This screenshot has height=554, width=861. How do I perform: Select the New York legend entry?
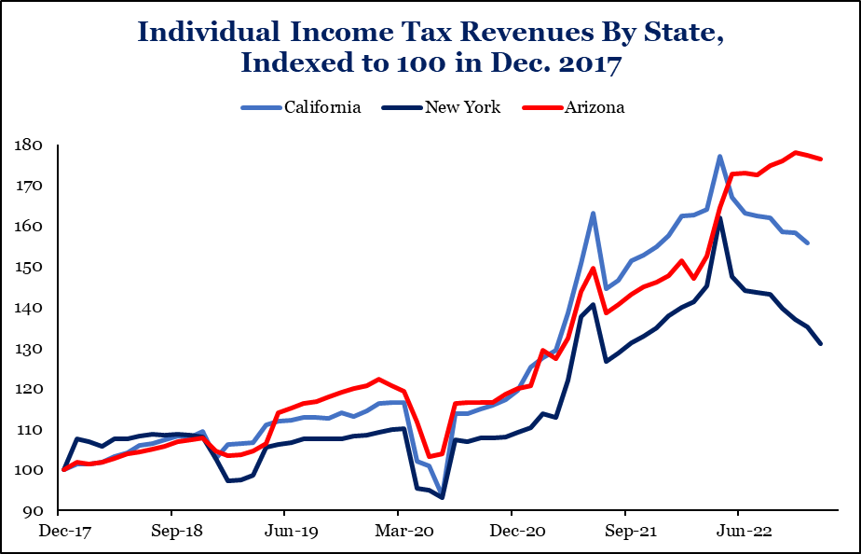(x=462, y=107)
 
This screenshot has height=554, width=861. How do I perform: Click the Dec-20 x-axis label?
(x=512, y=532)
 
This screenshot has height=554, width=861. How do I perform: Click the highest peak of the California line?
(x=719, y=156)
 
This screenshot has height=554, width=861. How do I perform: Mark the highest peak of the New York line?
(x=719, y=218)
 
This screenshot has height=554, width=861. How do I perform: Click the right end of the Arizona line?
(x=820, y=159)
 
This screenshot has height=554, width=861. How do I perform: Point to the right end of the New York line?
(x=820, y=344)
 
